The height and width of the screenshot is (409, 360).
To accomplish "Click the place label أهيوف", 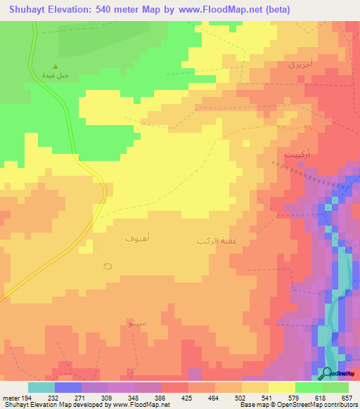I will (136, 239).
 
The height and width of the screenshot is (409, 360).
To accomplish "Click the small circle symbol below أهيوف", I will (108, 266).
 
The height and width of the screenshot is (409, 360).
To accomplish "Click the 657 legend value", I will (347, 398).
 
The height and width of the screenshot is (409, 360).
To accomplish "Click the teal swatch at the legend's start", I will (41, 387).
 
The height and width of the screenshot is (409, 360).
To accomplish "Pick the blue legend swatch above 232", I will (68, 387).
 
